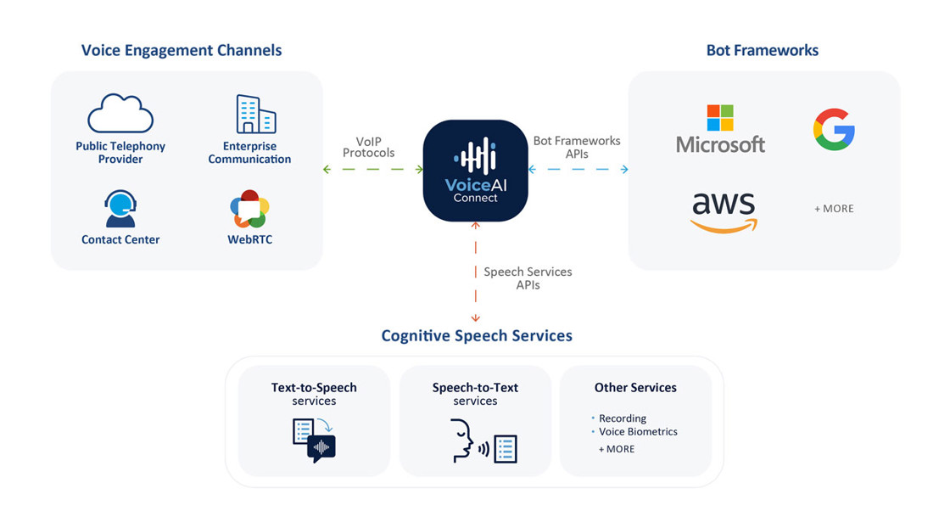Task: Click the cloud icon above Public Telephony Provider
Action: coord(120,115)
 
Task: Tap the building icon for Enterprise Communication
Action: coord(255,115)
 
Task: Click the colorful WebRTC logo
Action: coord(249,209)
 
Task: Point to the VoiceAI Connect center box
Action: coord(475,171)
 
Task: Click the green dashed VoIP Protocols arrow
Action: coord(373,170)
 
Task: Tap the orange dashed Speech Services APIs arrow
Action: coord(475,272)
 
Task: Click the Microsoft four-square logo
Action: coord(720,118)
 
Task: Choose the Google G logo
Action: coord(834,130)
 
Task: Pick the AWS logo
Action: coord(724,210)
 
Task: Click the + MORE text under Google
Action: coord(834,208)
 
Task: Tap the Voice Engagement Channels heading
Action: coord(182,50)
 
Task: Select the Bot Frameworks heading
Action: coord(763,50)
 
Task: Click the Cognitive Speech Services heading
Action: coord(477,335)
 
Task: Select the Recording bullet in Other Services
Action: coord(622,418)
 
